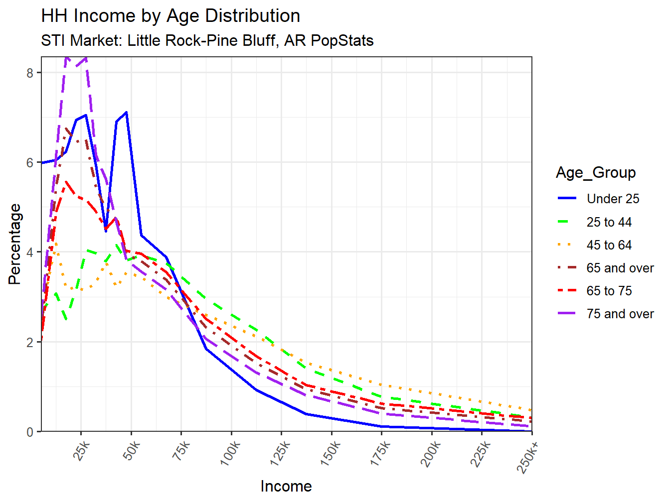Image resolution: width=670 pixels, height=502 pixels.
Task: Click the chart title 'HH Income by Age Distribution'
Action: [170, 16]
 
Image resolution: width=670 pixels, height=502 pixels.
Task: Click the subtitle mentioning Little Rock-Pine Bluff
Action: [207, 40]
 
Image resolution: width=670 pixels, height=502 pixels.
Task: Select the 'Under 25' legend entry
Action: [613, 199]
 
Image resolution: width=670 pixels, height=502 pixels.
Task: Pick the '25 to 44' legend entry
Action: [609, 222]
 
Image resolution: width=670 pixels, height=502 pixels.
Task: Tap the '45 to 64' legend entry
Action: [609, 245]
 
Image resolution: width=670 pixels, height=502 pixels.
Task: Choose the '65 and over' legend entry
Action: [620, 268]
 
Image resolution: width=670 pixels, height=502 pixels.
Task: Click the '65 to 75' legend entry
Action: [609, 291]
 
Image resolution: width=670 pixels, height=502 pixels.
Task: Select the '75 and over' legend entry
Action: [620, 314]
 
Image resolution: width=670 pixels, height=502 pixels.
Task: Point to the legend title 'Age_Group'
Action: [596, 173]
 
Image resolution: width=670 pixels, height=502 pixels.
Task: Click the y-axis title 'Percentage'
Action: [15, 244]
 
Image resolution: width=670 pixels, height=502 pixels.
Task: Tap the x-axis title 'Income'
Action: [286, 486]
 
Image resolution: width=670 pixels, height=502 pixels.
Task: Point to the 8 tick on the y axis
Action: [30, 73]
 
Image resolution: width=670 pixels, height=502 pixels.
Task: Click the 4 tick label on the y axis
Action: [30, 252]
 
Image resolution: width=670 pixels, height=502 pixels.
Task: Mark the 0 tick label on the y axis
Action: [30, 432]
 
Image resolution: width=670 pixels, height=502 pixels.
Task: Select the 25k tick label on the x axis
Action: [82, 451]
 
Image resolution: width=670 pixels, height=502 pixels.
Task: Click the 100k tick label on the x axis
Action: [230, 453]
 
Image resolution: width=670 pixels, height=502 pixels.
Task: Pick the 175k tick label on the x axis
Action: [380, 453]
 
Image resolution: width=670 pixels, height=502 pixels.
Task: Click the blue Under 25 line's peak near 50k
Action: [127, 112]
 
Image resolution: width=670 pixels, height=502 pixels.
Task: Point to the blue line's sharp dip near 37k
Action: [106, 231]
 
